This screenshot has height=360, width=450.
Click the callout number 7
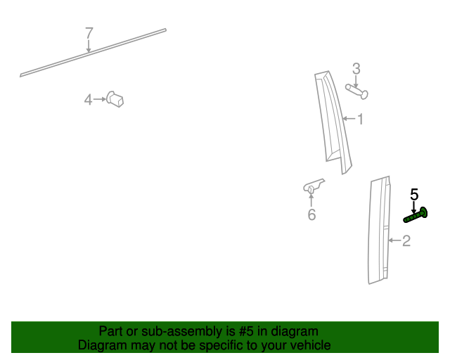89,32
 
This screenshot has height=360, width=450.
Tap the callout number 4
88,100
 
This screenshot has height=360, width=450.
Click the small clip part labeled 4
116,99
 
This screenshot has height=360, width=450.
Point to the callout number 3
356,68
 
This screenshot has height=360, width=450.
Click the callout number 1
361,119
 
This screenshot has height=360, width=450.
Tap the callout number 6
311,214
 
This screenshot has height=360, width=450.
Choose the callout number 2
406,241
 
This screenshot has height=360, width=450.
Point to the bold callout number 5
414,194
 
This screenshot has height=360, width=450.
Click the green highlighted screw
416,215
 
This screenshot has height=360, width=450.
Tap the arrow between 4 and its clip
99,100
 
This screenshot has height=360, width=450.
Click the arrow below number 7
89,46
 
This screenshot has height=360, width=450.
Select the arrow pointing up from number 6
311,200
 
